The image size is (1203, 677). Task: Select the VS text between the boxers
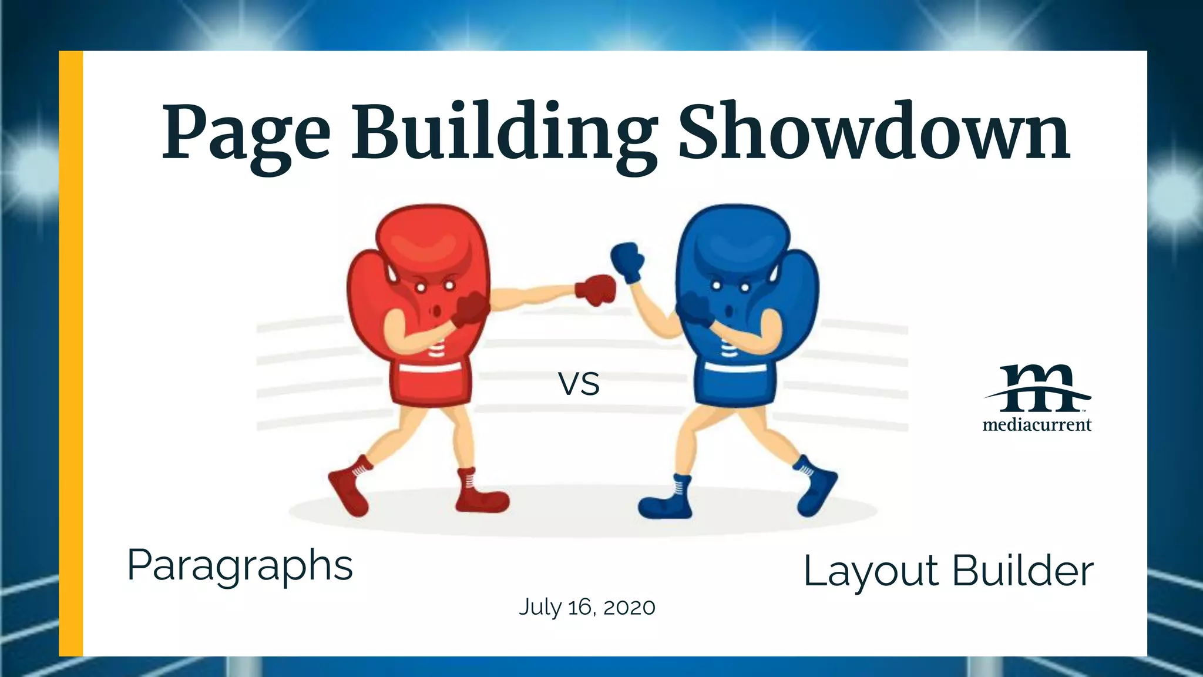point(579,384)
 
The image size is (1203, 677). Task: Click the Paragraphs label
point(240,565)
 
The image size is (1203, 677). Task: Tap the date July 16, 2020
point(587,607)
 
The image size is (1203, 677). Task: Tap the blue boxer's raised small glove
point(627,262)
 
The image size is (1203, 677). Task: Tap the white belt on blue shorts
point(735,368)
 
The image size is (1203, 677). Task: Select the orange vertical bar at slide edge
point(71,353)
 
